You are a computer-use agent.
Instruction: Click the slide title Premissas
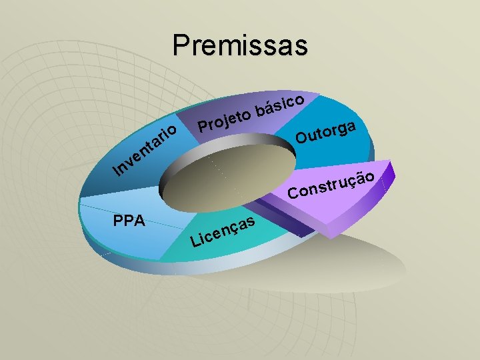coord(240,45)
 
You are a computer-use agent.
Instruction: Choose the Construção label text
coord(335,185)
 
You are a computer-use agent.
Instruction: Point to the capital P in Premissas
coord(180,45)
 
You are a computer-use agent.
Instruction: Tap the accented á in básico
coord(271,106)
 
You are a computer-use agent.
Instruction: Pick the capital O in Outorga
coord(303,138)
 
